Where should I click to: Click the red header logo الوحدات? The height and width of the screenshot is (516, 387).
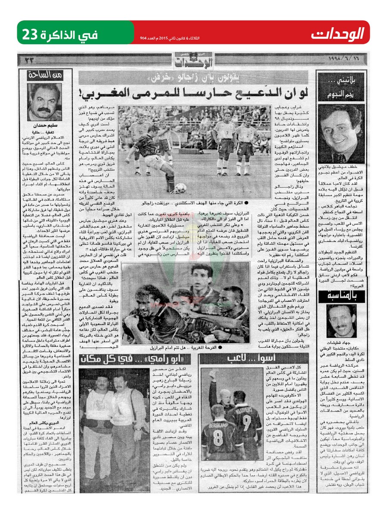[338, 33]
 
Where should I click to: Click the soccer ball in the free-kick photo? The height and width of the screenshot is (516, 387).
[181, 187]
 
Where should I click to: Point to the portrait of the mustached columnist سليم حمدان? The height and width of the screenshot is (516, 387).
[45, 101]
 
